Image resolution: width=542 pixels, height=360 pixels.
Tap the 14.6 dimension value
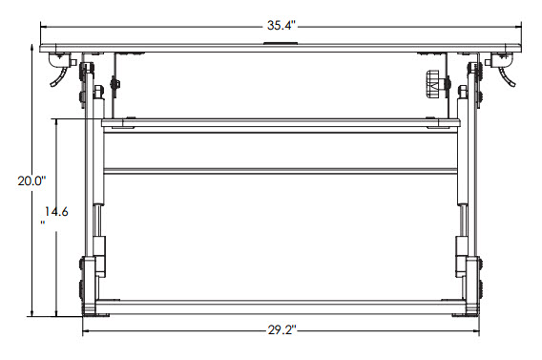pos(57,211)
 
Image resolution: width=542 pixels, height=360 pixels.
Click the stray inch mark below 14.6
pos(43,224)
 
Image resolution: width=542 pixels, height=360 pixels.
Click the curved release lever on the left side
pos(60,74)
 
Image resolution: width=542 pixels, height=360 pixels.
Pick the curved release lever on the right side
pos(502,74)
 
